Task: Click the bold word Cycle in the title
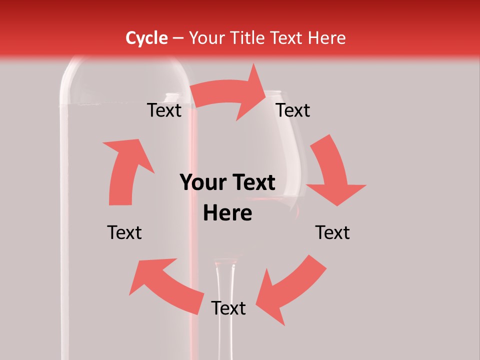click(146, 38)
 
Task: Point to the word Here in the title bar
click(327, 38)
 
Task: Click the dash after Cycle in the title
click(178, 38)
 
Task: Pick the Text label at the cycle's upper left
click(164, 110)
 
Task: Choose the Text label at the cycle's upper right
click(293, 110)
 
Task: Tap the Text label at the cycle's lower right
click(332, 232)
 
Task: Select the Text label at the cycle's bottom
click(228, 308)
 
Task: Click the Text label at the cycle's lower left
click(124, 232)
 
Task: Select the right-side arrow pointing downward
click(332, 172)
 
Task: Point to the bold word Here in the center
click(227, 213)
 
